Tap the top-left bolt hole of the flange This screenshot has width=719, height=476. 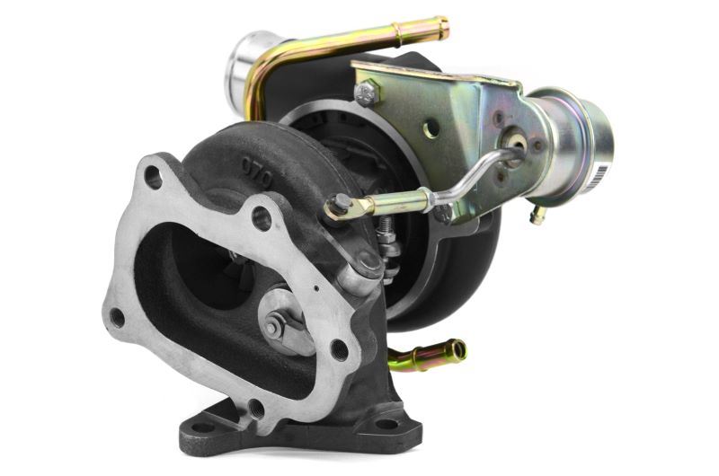click(x=154, y=176)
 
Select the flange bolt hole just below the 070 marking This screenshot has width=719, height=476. click(x=261, y=215)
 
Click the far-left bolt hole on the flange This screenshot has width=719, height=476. click(x=117, y=316)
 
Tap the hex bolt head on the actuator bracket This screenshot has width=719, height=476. click(x=367, y=93)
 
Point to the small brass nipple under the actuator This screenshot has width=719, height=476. click(x=537, y=216)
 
